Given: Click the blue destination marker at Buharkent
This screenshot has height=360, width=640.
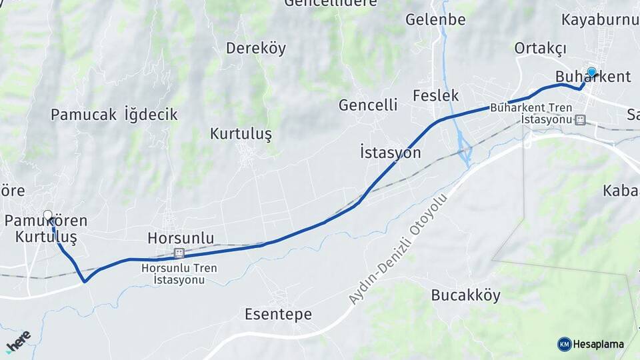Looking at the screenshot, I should (591, 72).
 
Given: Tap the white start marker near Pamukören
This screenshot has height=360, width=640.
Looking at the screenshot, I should (48, 215).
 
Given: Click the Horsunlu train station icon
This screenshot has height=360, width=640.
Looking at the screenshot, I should (179, 253).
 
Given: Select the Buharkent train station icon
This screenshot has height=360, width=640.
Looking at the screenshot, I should (580, 120).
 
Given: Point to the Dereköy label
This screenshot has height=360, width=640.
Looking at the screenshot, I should (256, 48).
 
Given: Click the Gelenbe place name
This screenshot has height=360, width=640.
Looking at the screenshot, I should (435, 19).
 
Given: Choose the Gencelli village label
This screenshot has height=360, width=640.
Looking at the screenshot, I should (368, 105).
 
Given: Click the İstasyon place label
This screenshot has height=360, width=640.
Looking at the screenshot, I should (390, 153).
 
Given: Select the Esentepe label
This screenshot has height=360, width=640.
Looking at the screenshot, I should (278, 314).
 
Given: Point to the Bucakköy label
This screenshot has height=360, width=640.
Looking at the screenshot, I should (465, 295).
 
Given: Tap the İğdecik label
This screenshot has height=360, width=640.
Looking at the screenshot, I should (151, 115).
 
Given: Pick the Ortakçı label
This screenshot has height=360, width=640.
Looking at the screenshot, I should (540, 48).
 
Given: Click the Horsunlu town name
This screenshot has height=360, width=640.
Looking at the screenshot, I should (181, 238).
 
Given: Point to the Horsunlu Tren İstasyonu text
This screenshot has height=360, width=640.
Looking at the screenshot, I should (179, 274).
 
